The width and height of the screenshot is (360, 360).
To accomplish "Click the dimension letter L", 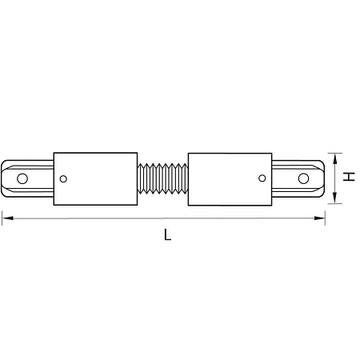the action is (x=167, y=234).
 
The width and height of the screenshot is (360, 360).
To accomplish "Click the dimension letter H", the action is (x=349, y=177).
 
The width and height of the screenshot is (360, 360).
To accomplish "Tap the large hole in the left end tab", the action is (x=22, y=178).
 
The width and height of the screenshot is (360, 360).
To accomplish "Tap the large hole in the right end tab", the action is (x=303, y=178).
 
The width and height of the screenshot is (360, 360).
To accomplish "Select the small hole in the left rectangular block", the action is (x=63, y=179).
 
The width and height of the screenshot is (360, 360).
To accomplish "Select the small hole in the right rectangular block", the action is (x=262, y=178).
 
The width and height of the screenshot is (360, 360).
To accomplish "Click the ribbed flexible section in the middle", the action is (x=162, y=178).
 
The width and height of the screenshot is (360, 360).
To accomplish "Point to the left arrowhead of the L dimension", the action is (x=8, y=218).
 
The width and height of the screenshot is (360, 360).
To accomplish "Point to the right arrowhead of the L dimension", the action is (x=319, y=218).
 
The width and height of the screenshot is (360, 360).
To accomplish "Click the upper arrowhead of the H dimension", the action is (x=335, y=158).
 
